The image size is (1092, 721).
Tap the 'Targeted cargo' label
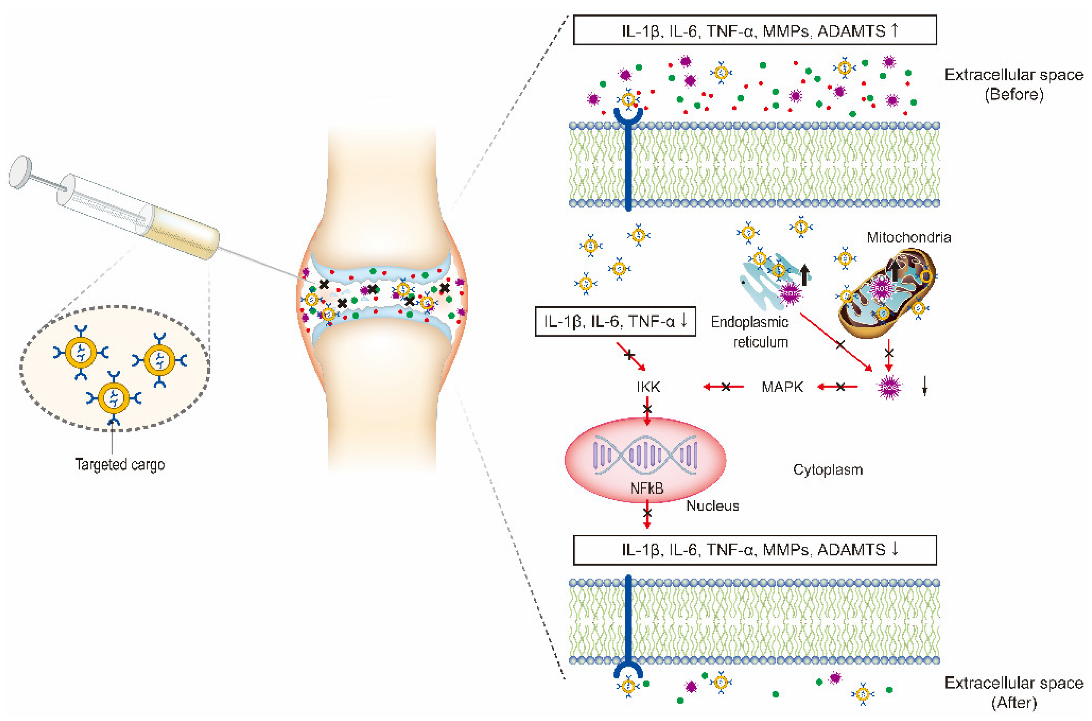(120, 464)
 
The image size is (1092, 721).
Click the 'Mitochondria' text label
(908, 237)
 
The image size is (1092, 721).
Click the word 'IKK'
(648, 387)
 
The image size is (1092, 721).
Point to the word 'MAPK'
(782, 387)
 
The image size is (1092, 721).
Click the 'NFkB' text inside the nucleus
(647, 488)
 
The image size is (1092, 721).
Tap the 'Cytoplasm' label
(828, 470)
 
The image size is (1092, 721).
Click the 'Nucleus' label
(712, 506)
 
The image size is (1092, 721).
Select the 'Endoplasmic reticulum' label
(750, 332)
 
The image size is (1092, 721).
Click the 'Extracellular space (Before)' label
(1013, 84)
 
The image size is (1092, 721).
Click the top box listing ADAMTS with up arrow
(754, 30)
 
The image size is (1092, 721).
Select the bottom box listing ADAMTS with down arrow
(754, 550)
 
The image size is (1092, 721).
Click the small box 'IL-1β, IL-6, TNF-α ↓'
(615, 321)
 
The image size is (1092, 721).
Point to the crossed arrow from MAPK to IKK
(724, 387)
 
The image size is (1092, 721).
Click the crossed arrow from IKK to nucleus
(647, 410)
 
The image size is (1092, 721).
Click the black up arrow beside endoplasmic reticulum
(804, 274)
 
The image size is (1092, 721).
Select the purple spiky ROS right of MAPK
(889, 387)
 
